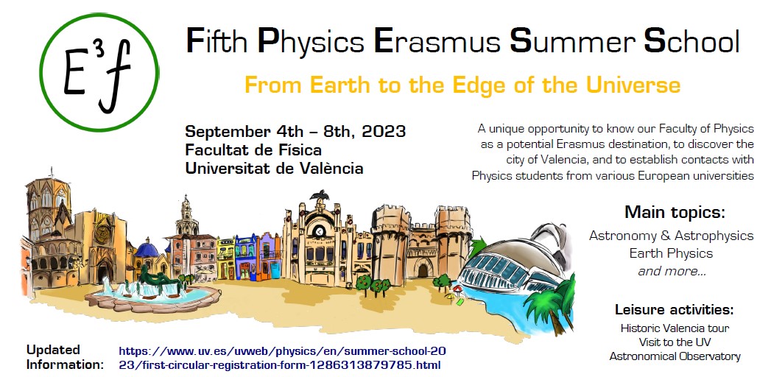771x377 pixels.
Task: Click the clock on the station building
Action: click(319, 230)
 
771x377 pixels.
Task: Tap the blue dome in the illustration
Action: click(147, 250)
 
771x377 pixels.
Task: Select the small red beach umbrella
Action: click(457, 289)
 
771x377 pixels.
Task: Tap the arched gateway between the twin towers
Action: click(423, 269)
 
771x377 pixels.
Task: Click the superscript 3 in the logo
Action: click(99, 52)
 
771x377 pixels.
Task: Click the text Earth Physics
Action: click(671, 253)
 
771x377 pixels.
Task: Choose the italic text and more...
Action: click(672, 271)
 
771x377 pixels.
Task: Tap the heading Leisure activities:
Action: click(674, 310)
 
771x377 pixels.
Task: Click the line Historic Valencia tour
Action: click(675, 328)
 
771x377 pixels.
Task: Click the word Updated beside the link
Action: click(53, 350)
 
